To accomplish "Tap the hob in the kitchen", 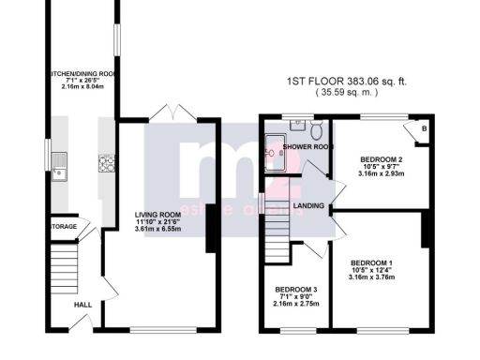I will pos(104,164).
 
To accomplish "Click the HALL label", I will pos(83,304).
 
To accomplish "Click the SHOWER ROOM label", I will pos(309,147).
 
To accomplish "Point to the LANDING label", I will pos(308,206).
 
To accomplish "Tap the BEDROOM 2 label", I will pos(382,158).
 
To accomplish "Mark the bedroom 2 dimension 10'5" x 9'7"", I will pos(382,166).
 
